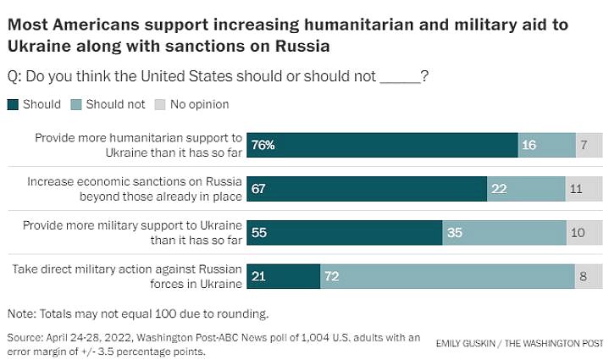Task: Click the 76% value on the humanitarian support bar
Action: click(263, 146)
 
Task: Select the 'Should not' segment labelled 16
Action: click(545, 146)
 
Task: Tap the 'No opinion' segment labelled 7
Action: click(588, 146)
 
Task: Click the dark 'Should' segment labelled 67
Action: click(366, 189)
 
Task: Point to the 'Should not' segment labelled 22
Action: click(526, 189)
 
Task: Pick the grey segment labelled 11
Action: click(583, 189)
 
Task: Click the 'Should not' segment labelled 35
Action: click(504, 232)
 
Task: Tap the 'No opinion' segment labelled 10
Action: click(584, 232)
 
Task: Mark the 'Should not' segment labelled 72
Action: click(447, 275)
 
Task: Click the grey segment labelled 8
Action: click(588, 275)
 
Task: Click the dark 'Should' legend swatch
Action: click(13, 105)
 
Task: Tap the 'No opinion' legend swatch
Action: click(158, 105)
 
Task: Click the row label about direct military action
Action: click(127, 275)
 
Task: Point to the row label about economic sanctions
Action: click(135, 189)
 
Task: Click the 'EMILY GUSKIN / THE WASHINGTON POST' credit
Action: click(518, 343)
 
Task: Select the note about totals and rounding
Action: click(138, 313)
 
